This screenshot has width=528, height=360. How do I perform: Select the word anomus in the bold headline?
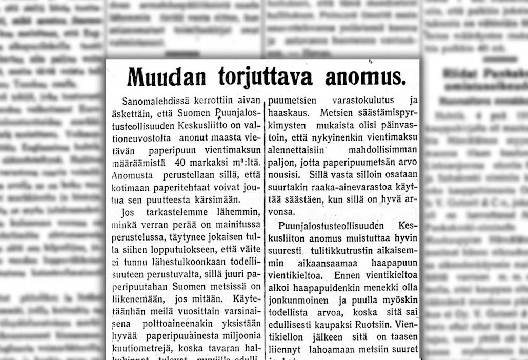point(365,77)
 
